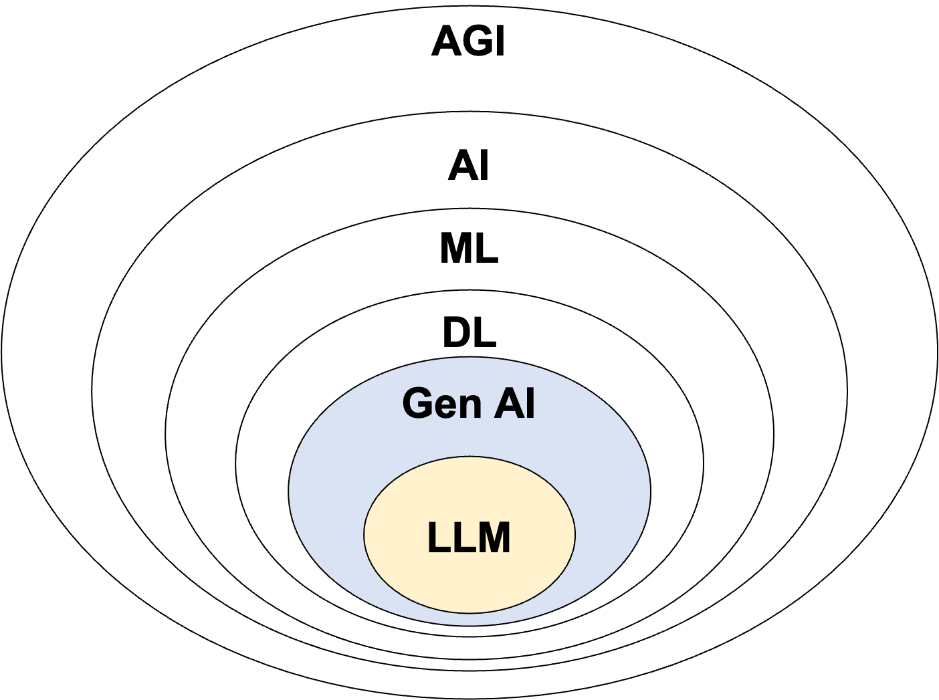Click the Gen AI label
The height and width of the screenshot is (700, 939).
coord(468,404)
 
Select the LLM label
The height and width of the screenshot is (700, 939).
coord(469,538)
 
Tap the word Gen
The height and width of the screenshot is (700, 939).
coord(441,404)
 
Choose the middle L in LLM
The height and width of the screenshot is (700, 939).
coord(462,538)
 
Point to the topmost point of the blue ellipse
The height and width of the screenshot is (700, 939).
coord(469,358)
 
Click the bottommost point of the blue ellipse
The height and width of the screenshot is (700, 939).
coord(469,625)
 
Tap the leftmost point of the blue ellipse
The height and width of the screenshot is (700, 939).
coord(290,491)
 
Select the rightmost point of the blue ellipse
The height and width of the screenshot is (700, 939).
coord(649,491)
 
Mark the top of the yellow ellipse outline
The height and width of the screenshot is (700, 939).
coord(469,457)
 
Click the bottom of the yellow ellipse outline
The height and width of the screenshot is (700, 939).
coord(469,612)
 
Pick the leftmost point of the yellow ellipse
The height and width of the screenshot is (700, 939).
coord(364,534)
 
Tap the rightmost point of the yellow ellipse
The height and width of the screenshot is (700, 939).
coord(575,534)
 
